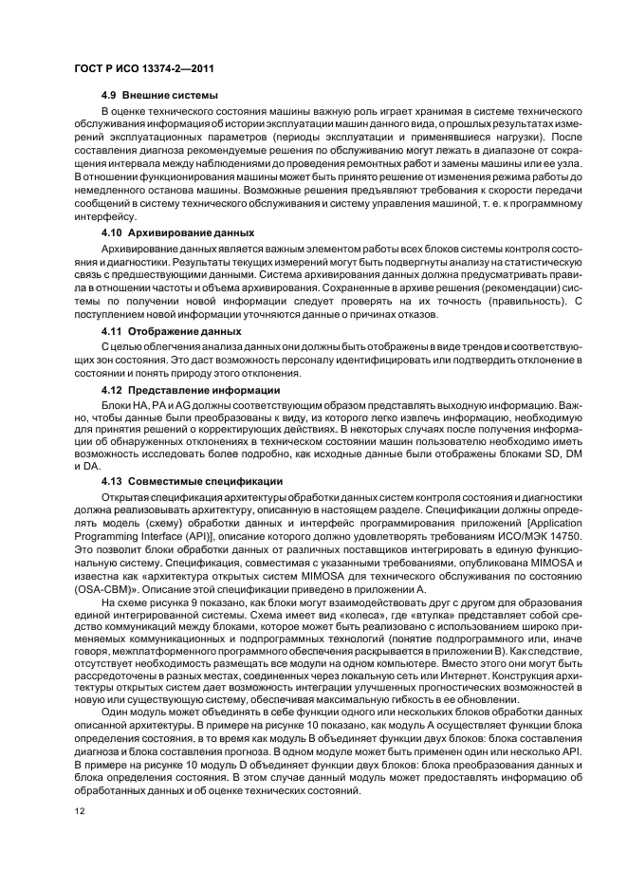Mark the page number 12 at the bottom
coord(79,810)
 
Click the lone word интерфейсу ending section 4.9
coord(101,216)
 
